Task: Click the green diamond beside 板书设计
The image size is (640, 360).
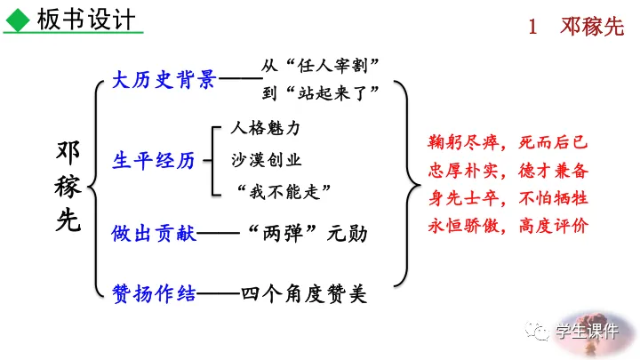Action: (x=17, y=18)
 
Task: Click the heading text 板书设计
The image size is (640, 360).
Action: (x=87, y=19)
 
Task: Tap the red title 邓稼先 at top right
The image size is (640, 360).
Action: (x=593, y=27)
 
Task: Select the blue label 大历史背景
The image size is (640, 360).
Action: (x=164, y=81)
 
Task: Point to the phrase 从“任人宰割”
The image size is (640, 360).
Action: (x=321, y=66)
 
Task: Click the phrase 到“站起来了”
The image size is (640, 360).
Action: (x=321, y=92)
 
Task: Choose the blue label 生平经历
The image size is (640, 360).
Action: (x=153, y=160)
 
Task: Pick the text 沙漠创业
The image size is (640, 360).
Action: (x=266, y=160)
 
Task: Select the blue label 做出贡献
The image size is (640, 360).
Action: (x=153, y=235)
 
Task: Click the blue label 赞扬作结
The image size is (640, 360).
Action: (x=153, y=292)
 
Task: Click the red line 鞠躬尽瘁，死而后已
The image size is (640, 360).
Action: (x=508, y=142)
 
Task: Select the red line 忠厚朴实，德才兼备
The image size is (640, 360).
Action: (x=508, y=170)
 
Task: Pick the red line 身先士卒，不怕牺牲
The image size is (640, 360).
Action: (x=508, y=197)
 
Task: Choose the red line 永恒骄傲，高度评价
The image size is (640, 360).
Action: (x=508, y=225)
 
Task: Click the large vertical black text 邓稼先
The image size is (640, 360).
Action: (x=67, y=188)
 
